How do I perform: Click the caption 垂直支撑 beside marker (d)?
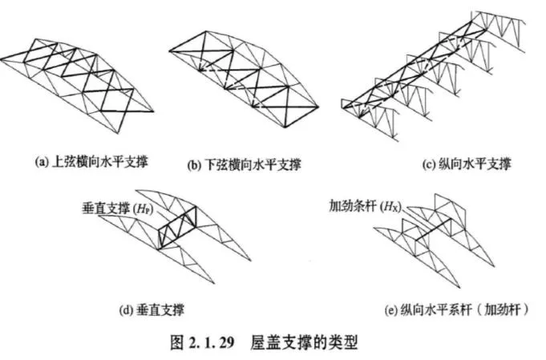(161, 304)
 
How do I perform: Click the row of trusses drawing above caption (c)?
(433, 76)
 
